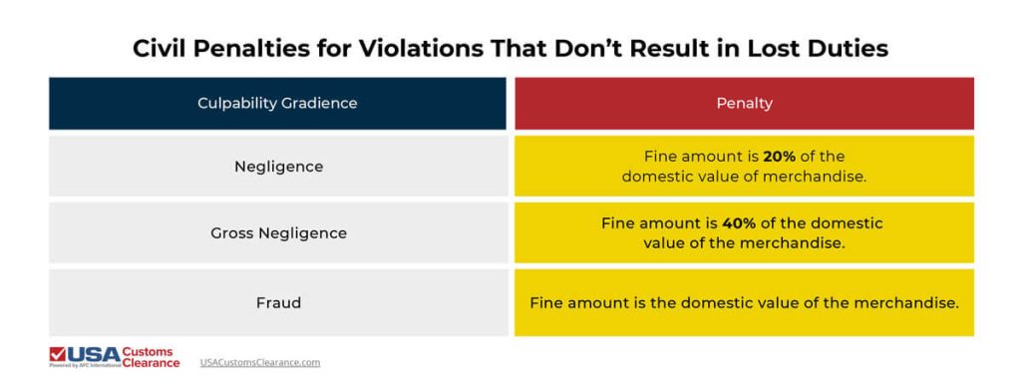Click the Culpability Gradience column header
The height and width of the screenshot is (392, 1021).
click(x=277, y=103)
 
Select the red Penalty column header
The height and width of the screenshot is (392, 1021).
click(x=744, y=103)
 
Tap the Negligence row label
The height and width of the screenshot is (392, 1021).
click(x=278, y=167)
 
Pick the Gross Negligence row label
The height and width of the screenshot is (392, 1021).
click(x=278, y=233)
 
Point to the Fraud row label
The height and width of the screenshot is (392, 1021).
click(x=278, y=300)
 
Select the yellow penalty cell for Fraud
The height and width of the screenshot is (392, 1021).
click(x=744, y=300)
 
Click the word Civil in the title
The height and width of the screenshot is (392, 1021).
click(x=162, y=49)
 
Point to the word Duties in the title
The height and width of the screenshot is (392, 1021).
click(x=844, y=49)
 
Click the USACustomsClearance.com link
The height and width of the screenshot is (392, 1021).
click(x=260, y=362)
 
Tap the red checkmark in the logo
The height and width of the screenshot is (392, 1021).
click(x=58, y=355)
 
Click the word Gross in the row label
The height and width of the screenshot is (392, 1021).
click(x=232, y=233)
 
